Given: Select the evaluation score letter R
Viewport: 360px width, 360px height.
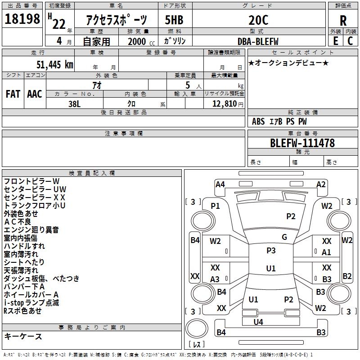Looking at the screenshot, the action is (343, 21).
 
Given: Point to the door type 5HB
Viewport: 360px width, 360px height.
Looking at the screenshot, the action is (174, 20).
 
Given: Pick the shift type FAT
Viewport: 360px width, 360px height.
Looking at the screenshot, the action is (13, 94).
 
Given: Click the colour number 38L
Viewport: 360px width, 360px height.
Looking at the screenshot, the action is (74, 103).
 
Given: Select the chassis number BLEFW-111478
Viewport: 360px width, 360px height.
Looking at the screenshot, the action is (302, 143).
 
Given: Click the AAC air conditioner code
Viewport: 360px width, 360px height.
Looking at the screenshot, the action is (35, 94).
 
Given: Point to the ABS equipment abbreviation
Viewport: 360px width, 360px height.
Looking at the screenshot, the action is (258, 121).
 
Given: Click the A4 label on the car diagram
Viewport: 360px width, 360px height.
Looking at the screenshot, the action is (220, 184).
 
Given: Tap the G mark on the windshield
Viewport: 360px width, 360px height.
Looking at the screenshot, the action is (284, 237).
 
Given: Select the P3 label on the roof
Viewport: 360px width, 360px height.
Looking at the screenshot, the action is (271, 251).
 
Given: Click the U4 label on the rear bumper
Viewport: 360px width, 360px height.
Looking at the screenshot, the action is (258, 322).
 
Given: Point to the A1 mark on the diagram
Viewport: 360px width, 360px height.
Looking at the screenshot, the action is (327, 252).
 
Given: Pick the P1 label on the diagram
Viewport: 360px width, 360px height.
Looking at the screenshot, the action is (216, 206).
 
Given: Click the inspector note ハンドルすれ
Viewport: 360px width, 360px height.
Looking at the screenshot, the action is (24, 246).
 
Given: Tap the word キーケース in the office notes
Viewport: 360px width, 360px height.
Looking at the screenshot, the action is (23, 337).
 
